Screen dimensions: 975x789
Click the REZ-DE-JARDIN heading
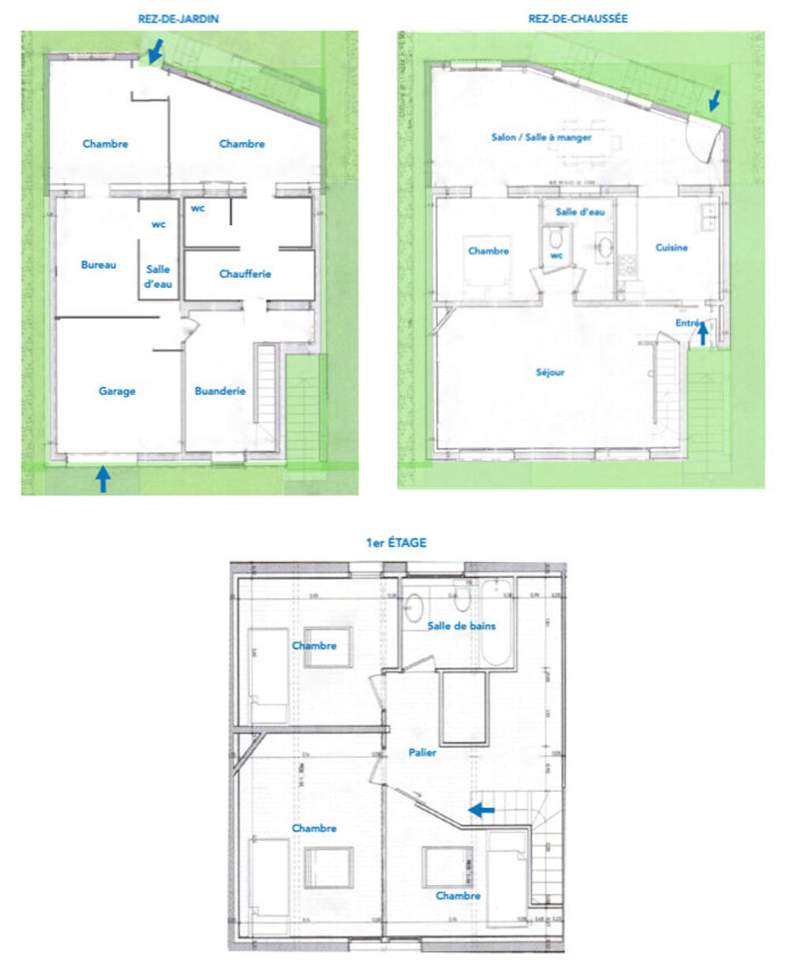tap(178, 19)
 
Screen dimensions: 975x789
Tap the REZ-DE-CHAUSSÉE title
tap(578, 19)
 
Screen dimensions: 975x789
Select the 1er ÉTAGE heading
tap(396, 542)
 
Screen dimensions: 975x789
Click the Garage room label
tap(117, 391)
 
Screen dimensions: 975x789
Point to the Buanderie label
tap(220, 391)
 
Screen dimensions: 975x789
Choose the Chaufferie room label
tap(245, 274)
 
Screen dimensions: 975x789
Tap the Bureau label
tap(99, 264)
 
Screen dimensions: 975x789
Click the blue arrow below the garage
tap(103, 479)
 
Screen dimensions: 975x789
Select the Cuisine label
tap(671, 247)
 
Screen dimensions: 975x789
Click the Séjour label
tap(550, 372)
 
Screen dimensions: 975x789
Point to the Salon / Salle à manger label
tap(541, 137)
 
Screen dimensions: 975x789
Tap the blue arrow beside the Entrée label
tap(702, 335)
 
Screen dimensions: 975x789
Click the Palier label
tap(422, 752)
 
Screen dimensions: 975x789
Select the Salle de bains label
tap(462, 626)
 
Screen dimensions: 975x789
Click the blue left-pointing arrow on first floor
tap(481, 809)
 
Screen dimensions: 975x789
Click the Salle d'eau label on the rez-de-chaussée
tap(580, 212)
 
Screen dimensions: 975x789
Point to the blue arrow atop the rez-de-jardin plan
tap(156, 51)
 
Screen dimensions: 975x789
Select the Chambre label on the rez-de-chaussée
tap(488, 250)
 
